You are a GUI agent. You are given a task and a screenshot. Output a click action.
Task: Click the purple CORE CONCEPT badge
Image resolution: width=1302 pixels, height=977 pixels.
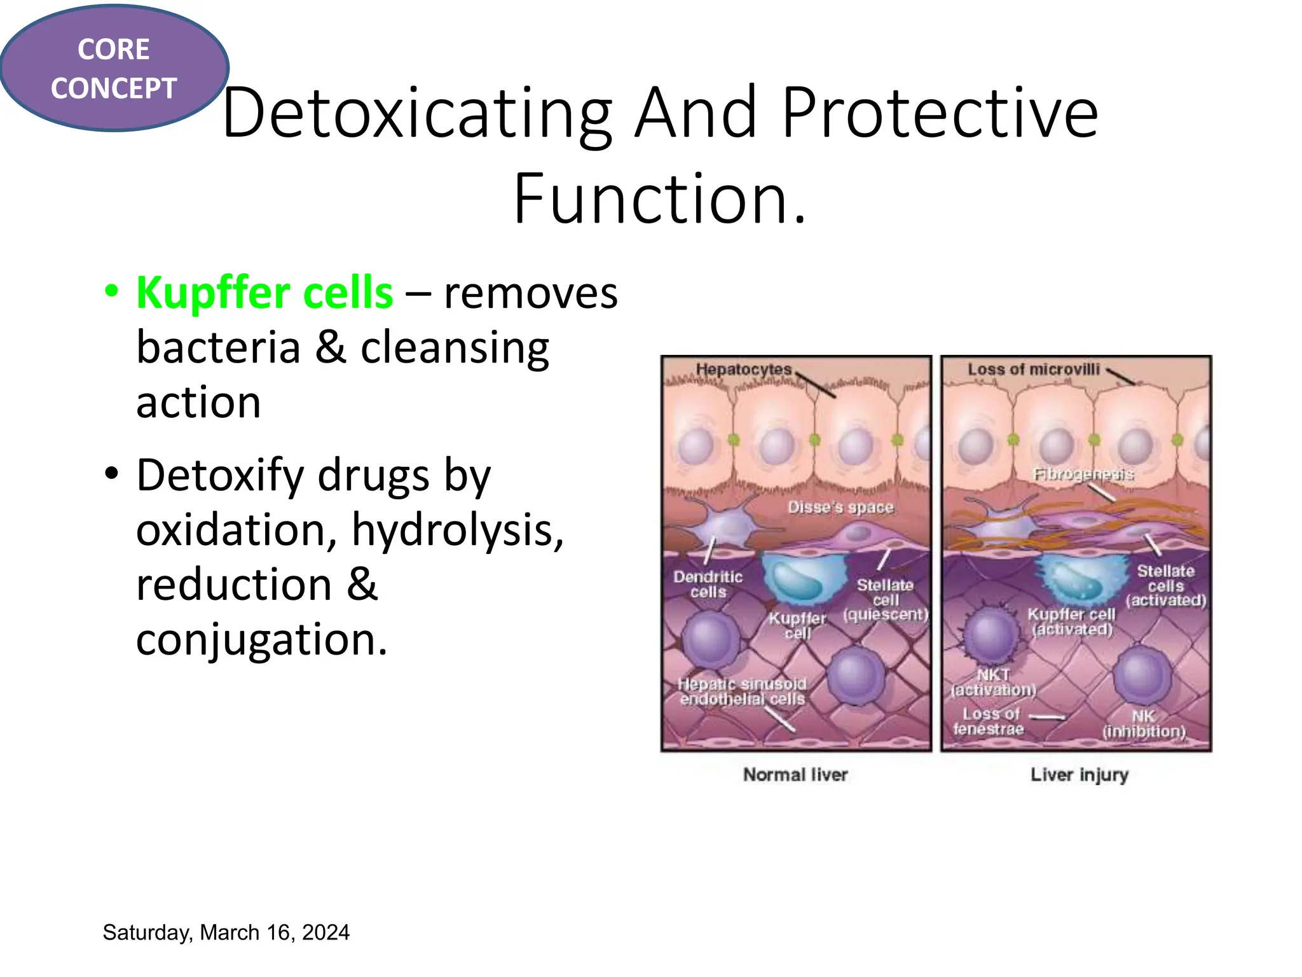tap(114, 68)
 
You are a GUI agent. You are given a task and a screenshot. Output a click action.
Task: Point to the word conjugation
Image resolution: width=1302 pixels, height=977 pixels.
tap(261, 639)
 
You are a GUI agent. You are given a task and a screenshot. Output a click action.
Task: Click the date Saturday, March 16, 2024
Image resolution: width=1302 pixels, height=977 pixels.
tap(226, 932)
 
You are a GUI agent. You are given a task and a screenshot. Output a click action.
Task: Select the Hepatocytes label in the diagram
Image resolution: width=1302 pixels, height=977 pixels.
tap(743, 369)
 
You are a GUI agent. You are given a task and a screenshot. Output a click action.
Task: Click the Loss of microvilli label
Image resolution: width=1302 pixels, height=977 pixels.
tap(1033, 369)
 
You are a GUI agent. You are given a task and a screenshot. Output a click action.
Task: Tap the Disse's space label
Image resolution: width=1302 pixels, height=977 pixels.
tap(840, 507)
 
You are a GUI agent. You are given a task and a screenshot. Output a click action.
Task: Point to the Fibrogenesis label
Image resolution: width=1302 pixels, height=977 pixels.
tap(1083, 475)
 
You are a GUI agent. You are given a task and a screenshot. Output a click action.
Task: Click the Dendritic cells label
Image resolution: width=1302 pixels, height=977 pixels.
tap(708, 584)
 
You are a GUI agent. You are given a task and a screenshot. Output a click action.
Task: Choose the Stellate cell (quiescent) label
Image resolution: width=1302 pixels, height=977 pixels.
tap(886, 600)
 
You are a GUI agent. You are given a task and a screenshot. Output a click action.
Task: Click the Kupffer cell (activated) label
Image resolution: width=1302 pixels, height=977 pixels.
tap(1072, 621)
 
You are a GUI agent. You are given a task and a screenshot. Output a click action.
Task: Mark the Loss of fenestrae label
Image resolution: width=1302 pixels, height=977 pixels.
tap(989, 721)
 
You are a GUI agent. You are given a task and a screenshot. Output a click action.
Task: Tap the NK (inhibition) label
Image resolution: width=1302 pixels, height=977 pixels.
tap(1144, 724)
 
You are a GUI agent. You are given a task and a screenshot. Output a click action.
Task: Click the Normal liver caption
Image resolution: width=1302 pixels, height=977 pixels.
tap(795, 775)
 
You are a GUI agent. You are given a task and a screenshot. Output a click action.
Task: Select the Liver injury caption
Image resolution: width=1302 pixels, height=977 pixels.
tap(1079, 775)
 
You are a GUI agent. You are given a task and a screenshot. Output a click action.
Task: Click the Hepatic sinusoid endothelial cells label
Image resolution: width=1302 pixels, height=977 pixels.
tap(743, 691)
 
